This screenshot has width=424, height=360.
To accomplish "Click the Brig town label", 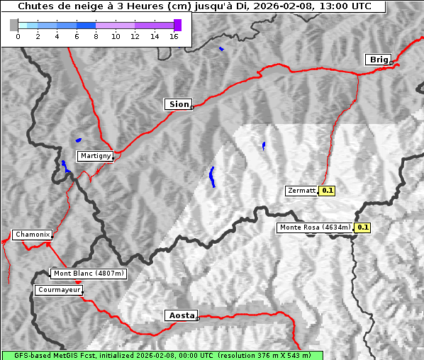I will [379, 60].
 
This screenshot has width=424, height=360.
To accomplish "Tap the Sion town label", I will [179, 104].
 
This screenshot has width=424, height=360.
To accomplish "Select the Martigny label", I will [94, 155].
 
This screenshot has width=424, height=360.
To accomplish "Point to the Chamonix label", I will [32, 235].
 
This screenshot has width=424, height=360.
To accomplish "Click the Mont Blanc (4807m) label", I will [89, 273].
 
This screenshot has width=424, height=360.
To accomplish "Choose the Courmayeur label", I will [59, 290].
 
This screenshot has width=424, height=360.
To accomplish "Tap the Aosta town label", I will [180, 315].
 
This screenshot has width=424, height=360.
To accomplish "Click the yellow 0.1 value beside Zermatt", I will [327, 191].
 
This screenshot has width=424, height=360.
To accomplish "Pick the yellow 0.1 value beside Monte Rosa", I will [362, 227].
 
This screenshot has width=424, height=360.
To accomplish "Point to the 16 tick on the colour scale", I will [173, 37].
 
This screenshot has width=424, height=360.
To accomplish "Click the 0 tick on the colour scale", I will [18, 37].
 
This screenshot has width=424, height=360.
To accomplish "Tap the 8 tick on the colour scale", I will [96, 37].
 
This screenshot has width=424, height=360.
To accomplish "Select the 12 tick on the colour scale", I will [135, 37].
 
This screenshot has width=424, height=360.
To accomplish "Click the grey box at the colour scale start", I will [13, 25].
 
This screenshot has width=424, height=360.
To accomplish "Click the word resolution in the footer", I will [242, 355].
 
